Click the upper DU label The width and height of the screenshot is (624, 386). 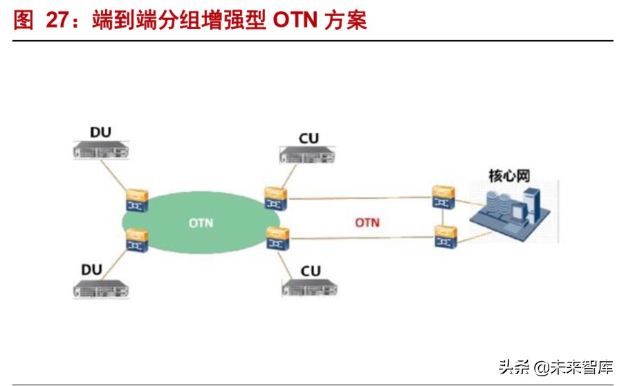coord(100,132)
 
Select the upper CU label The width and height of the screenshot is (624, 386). coord(309,138)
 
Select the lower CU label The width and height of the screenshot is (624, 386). coord(311,270)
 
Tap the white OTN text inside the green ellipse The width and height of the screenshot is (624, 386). coord(201,223)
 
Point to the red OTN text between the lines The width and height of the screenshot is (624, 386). coord(367,222)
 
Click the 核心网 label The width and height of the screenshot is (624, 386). coord(508,175)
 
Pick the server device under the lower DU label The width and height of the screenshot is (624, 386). coord(102,288)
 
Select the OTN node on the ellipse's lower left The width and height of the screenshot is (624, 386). coord(136,239)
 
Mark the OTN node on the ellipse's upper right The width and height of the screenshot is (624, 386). coord(275,198)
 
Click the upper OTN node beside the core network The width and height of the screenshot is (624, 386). coord(441,196)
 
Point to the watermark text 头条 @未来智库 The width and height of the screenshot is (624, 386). coord(556,367)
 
